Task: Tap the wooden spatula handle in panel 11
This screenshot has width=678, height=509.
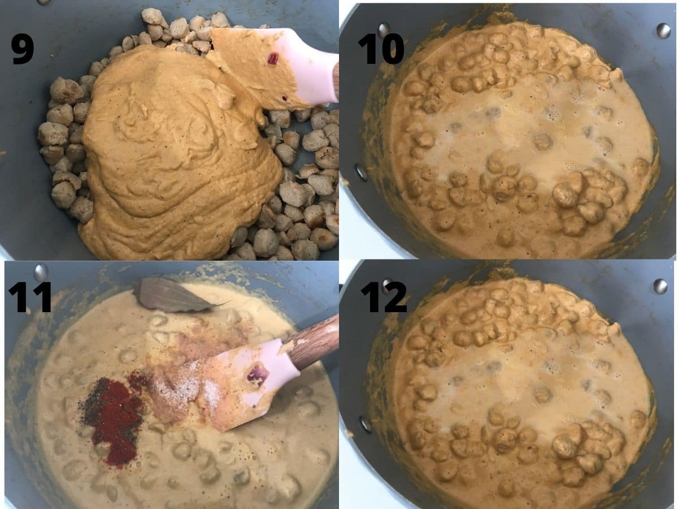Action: pos(314,342)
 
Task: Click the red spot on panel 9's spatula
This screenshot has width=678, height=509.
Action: pos(273,58)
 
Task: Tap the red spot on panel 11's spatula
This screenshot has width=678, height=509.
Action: pos(257,375)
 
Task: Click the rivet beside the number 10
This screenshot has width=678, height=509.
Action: pos(384,29)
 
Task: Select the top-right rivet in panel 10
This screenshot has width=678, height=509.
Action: pos(663,31)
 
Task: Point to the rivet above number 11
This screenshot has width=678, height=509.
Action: pos(40,272)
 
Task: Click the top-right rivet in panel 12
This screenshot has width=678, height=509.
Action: pos(660,286)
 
